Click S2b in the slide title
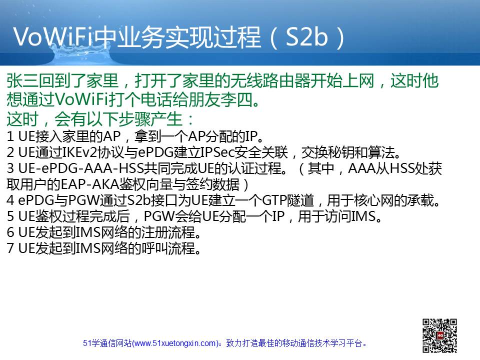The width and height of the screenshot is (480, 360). click(x=306, y=37)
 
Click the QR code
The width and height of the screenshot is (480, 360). click(x=439, y=335)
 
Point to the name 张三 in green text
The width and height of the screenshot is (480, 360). click(x=22, y=81)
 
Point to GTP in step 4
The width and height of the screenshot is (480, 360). click(x=274, y=200)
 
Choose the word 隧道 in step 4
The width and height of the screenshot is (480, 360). click(x=300, y=200)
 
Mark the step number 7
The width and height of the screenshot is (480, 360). click(x=10, y=248)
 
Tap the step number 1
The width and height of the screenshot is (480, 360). click(x=10, y=136)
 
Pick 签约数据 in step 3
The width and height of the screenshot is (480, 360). click(x=213, y=184)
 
